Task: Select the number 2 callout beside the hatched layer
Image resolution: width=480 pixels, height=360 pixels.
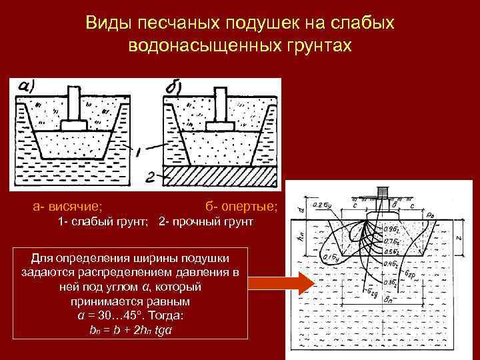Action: pos(151,176)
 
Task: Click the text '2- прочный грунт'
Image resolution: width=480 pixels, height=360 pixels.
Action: pos(206,221)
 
